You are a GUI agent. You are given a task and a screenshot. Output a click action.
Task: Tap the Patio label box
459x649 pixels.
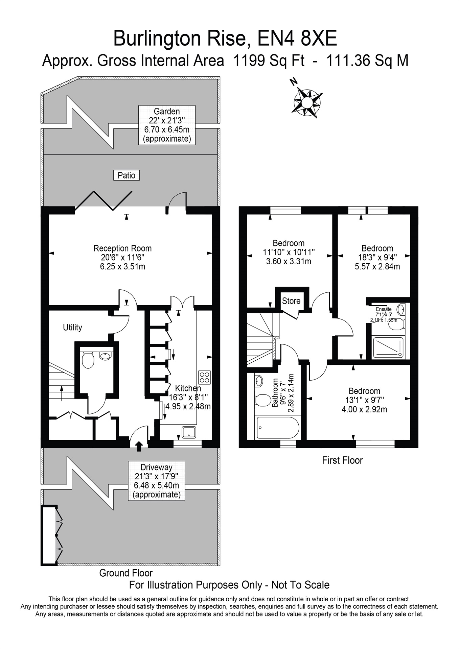tap(127, 175)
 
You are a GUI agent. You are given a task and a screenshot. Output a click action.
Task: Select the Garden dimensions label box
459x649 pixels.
tap(167, 125)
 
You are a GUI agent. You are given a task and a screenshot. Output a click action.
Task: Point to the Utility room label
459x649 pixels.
tap(73, 327)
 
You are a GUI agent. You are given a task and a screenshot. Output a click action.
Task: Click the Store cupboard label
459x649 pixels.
tap(291, 301)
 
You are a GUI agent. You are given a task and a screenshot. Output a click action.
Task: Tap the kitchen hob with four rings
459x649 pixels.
tap(205, 377)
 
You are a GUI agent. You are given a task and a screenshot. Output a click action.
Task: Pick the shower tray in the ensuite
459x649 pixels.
tap(388, 348)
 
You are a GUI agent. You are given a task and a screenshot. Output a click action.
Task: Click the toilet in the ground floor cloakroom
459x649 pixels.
tap(88, 361)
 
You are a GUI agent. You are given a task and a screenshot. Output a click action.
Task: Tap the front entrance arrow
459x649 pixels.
tap(139, 446)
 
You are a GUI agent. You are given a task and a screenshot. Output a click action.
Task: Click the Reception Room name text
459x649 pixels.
tap(122, 248)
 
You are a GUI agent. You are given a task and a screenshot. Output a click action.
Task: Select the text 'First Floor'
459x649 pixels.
tap(342, 460)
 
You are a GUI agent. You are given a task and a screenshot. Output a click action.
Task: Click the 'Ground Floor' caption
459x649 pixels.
tap(126, 573)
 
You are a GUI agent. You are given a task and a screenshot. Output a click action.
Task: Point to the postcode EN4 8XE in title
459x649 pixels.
tap(297, 39)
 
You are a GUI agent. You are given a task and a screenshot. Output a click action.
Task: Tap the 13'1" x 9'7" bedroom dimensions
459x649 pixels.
tap(365, 400)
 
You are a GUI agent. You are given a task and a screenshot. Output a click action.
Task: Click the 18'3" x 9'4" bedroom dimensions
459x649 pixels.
tap(377, 257)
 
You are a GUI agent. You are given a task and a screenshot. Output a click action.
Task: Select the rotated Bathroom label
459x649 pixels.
tap(275, 392)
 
